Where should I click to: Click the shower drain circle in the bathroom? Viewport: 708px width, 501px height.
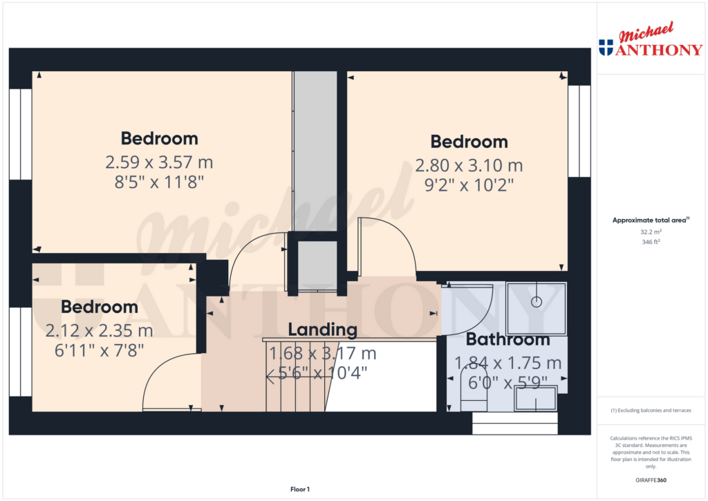tap(536, 302)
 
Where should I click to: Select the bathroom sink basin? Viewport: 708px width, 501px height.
tap(536, 397)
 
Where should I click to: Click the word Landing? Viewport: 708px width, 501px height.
tap(323, 330)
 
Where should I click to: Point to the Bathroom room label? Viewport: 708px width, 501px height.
tap(507, 339)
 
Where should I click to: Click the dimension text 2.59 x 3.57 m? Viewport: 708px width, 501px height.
tap(159, 163)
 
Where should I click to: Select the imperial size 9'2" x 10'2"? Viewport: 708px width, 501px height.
tap(469, 185)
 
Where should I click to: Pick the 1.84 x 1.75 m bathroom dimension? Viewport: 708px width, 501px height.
tap(507, 363)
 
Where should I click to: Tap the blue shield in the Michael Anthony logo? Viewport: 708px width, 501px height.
tap(606, 48)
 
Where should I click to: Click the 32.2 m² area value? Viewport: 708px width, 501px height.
tap(650, 233)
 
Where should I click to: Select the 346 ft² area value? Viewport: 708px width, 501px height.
tap(650, 243)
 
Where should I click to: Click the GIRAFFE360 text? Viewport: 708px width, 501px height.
tap(650, 480)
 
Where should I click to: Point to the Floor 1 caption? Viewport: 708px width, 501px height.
tap(299, 489)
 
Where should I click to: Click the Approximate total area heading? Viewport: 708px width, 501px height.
tap(649, 220)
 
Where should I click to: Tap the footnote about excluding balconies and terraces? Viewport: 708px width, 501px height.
tap(650, 410)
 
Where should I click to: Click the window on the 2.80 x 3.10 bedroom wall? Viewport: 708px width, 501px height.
tap(579, 131)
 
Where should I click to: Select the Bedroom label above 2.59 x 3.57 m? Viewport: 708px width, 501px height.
tap(159, 138)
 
